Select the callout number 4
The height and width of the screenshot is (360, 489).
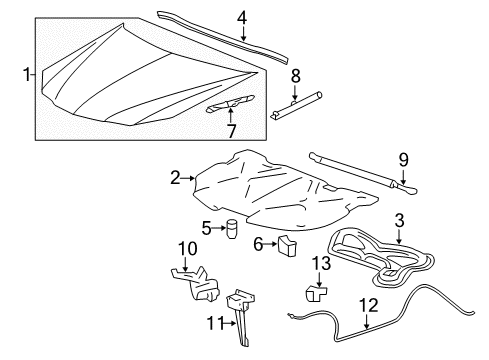point(241,16)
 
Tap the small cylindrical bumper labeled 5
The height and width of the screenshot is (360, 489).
point(229,229)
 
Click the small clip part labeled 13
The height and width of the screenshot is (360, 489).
point(318,294)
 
